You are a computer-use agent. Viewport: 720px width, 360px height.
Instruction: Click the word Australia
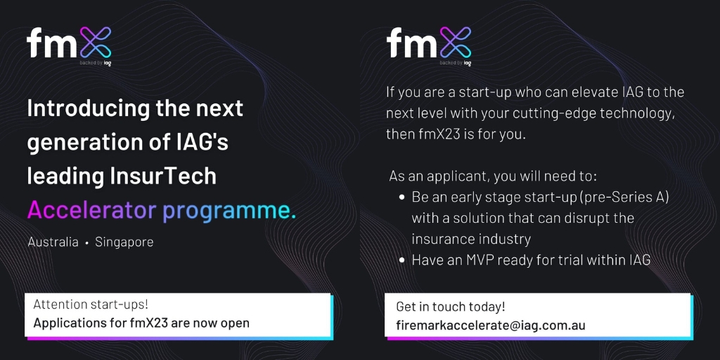point(53,242)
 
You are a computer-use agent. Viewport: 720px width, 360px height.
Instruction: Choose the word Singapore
point(124,242)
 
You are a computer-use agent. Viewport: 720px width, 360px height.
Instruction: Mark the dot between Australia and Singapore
point(86,243)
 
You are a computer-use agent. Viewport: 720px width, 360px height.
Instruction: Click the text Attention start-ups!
point(91,304)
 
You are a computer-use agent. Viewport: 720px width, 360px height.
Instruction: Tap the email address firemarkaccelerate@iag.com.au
point(491,326)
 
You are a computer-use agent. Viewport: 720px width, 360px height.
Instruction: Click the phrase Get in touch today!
point(451,307)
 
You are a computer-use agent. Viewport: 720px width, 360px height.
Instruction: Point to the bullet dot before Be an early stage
point(401,198)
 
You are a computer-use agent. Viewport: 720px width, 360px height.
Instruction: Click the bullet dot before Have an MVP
point(401,261)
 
